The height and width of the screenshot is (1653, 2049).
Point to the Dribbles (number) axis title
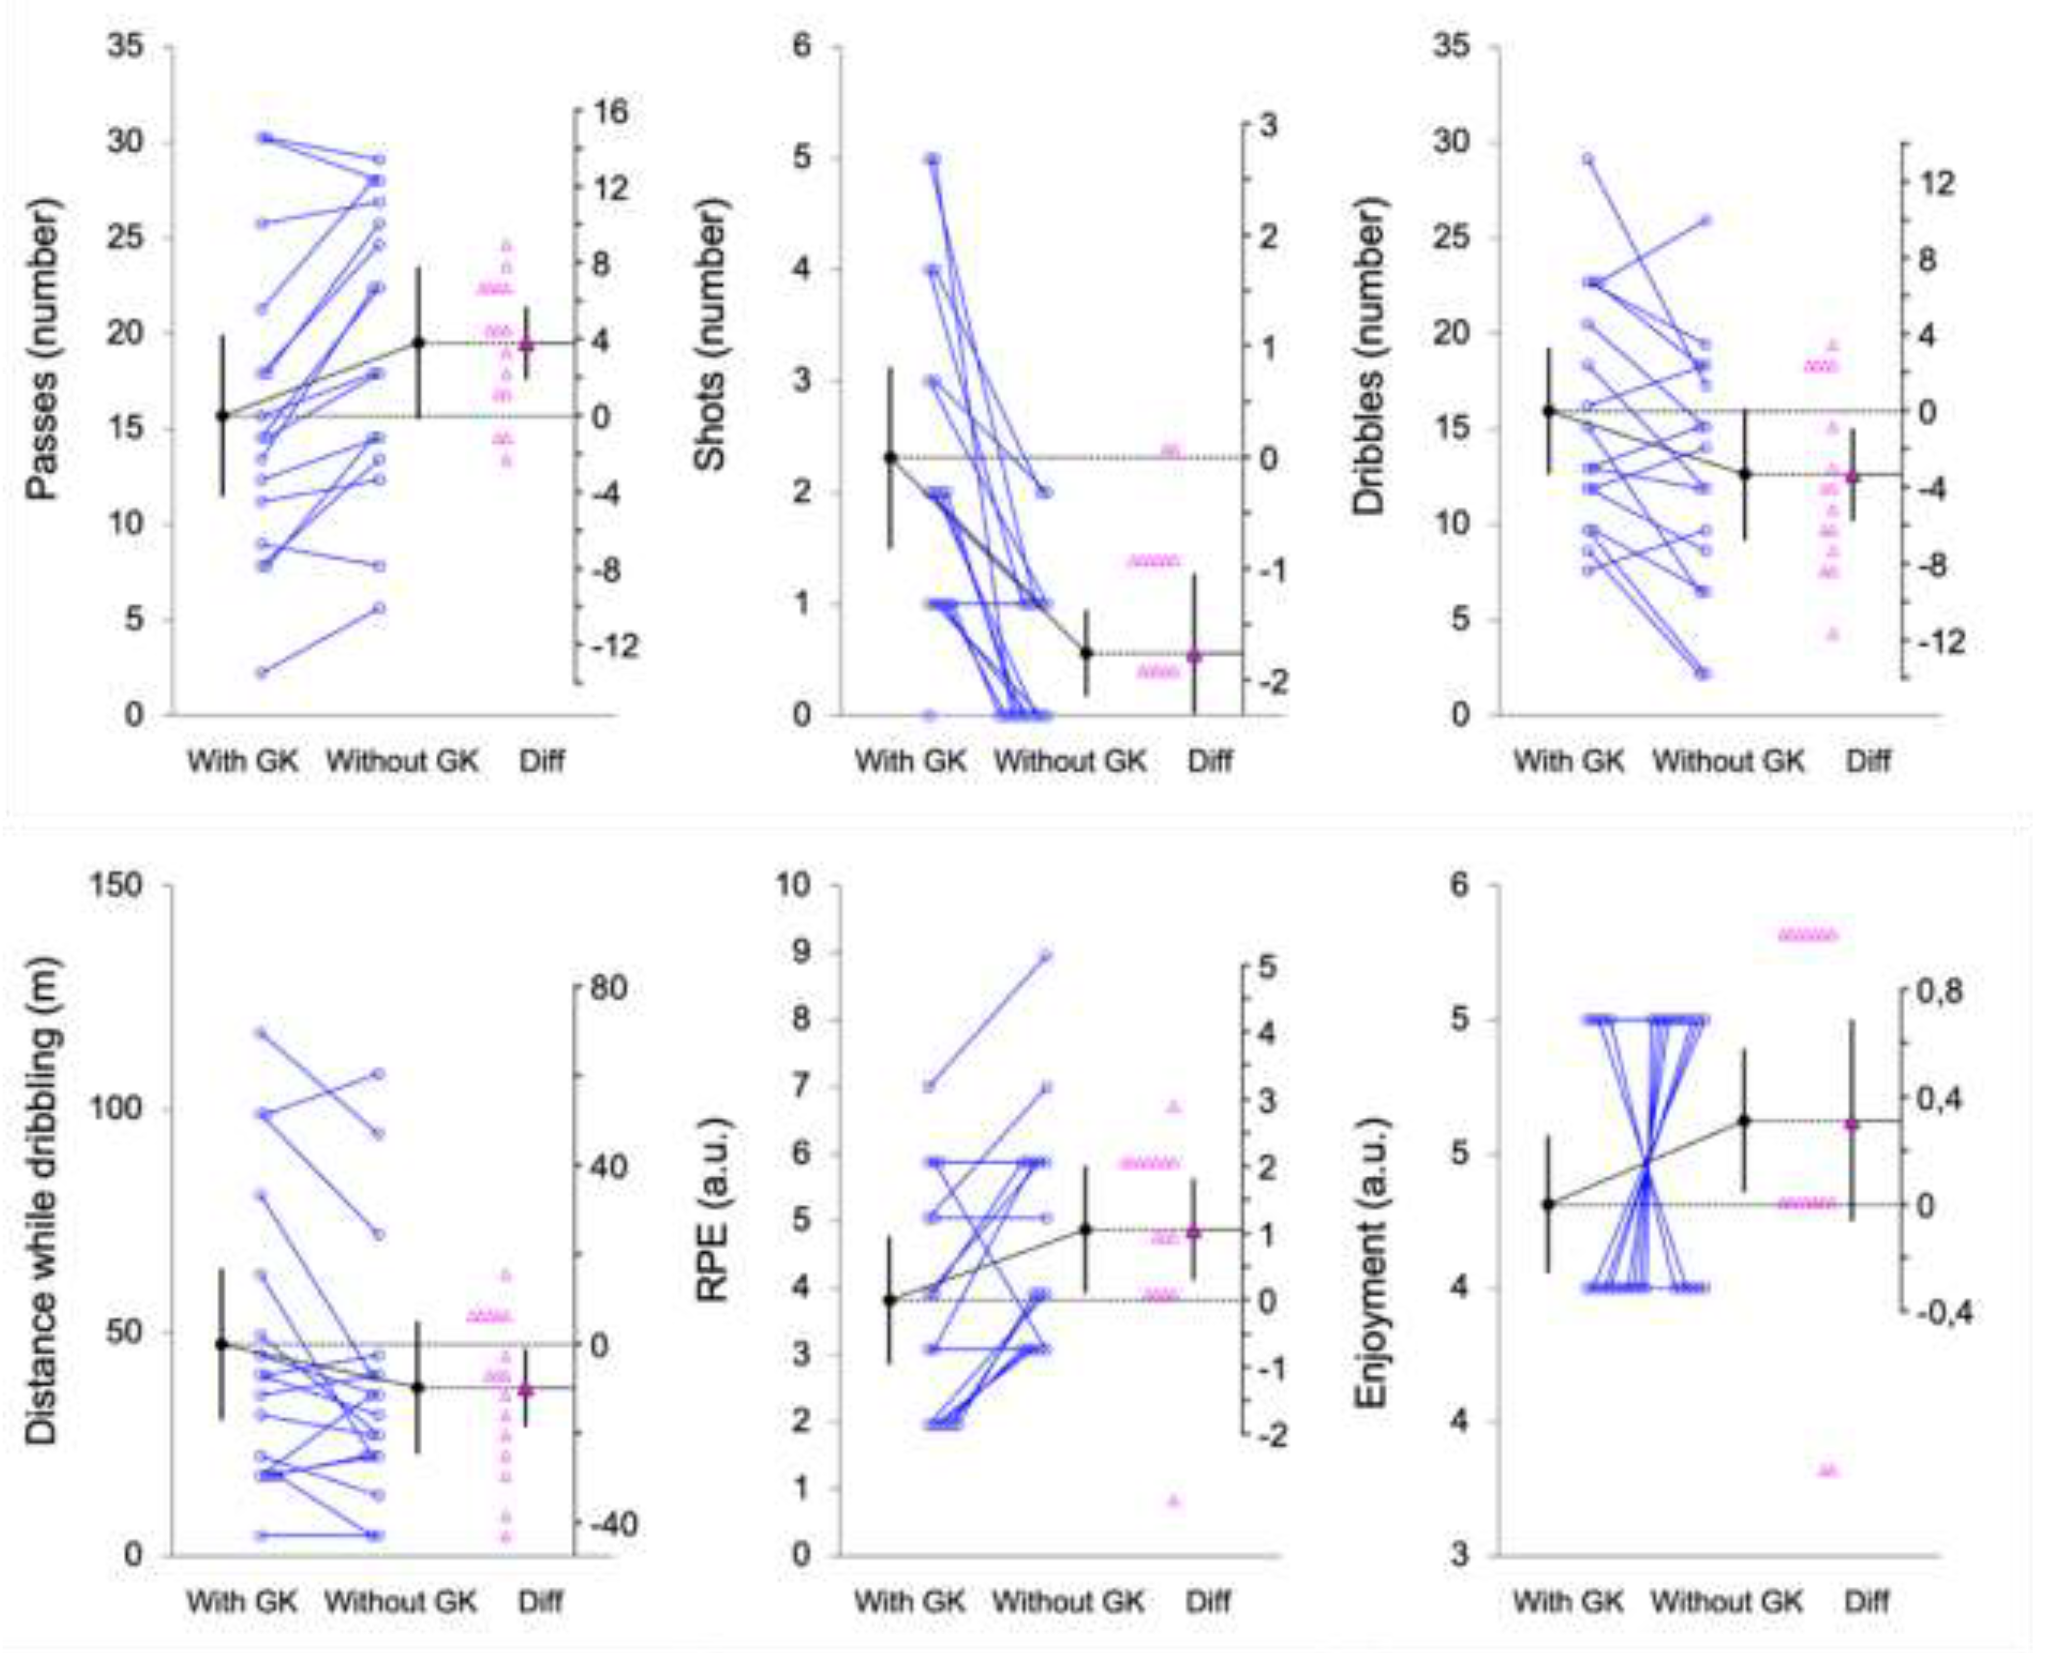1369,357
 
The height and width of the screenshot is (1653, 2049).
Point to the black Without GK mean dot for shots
1086,653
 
